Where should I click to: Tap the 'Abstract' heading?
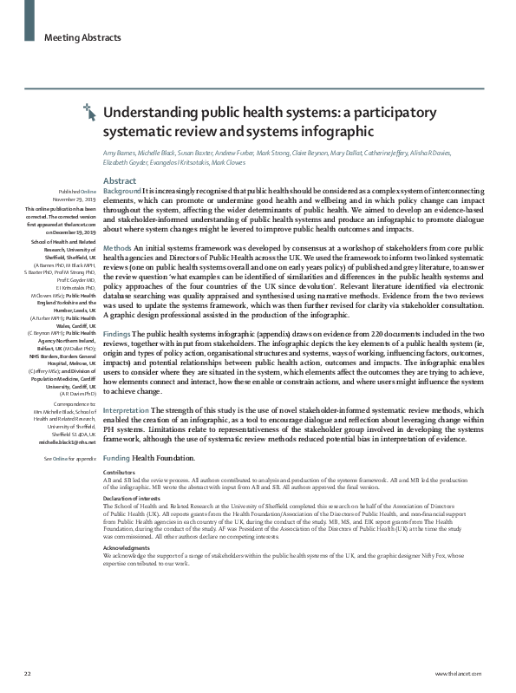(119, 180)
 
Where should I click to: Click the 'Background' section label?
(122, 190)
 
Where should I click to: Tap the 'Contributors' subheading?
(120, 472)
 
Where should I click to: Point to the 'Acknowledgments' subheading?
(126, 548)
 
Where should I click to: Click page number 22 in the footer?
(28, 672)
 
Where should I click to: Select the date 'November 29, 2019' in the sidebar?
(76, 199)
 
